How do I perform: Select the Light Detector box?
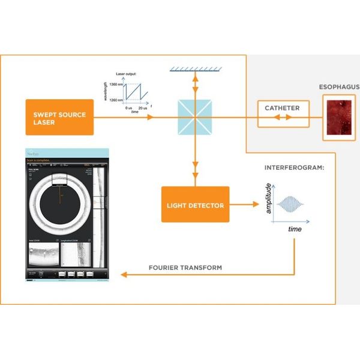coord(195,205)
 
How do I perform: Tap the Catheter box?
coord(282,109)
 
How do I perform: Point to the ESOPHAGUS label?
coord(339,88)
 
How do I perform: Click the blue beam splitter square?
coord(194,117)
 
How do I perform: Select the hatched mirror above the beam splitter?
coord(194,70)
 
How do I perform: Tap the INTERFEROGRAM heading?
coord(294,168)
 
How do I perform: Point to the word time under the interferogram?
coord(295,230)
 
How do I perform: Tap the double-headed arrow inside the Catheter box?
coord(282,117)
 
